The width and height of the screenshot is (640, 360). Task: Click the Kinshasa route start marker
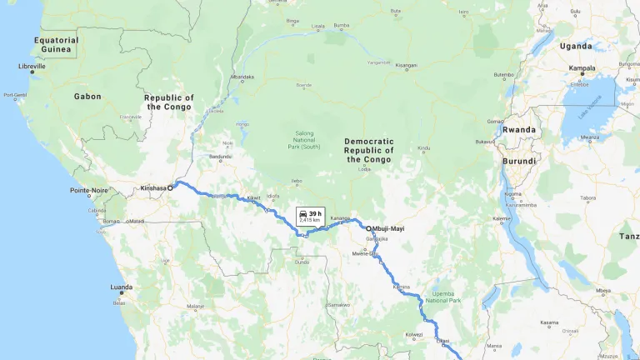(x=170, y=188)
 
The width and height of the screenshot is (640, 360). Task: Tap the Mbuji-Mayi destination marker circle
(x=368, y=228)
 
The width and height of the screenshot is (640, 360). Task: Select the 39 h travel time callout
(x=309, y=216)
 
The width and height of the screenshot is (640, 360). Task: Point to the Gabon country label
(x=87, y=97)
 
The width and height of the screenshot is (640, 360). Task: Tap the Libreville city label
(x=33, y=67)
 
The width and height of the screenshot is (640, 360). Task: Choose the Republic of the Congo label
(x=170, y=102)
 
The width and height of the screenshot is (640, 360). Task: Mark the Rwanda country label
(x=519, y=129)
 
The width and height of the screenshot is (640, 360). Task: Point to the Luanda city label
(x=121, y=287)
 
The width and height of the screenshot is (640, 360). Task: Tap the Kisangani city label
(x=406, y=65)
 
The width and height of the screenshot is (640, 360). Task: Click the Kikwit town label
(x=253, y=198)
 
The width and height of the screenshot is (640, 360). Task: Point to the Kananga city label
(x=341, y=218)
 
